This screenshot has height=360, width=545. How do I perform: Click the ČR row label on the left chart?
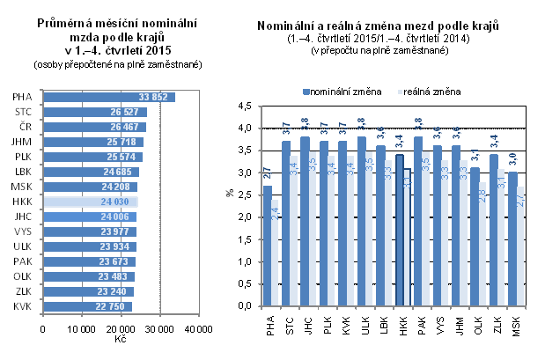tap(25, 127)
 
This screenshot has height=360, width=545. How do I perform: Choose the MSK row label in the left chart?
tap(23, 187)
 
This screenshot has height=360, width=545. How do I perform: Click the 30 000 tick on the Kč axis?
tap(159, 329)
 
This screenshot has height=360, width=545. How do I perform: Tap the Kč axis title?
tap(120, 340)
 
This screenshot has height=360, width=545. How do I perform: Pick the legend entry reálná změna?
tap(432, 91)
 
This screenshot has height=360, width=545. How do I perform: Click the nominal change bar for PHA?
tap(269, 246)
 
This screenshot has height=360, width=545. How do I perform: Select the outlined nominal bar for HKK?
tap(399, 230)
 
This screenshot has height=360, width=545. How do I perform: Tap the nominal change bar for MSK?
tap(513, 239)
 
